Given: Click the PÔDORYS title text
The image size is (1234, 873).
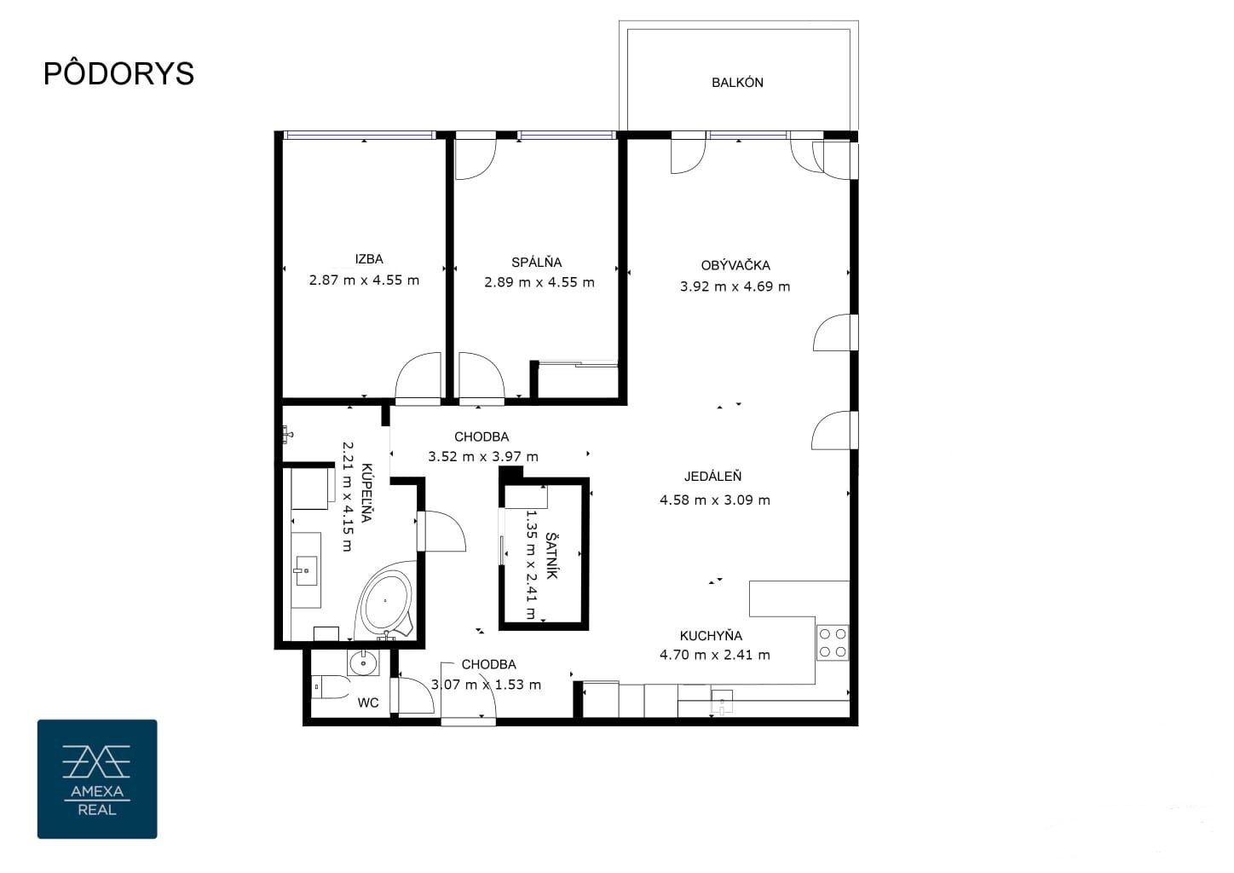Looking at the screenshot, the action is point(118,72).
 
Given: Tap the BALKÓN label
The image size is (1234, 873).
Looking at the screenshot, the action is point(737,83).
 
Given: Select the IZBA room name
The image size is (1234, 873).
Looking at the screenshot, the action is point(368,259).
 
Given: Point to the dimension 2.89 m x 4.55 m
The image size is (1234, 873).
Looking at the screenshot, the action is point(539,282).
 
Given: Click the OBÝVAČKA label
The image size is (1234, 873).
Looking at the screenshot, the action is point(735,265).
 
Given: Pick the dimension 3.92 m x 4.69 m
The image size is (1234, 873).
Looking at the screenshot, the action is point(735,286).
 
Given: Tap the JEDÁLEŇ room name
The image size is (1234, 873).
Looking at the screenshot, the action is point(712,477).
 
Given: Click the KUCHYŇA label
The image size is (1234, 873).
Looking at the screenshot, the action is point(711,635).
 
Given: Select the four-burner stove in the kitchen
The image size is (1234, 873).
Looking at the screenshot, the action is point(833,643).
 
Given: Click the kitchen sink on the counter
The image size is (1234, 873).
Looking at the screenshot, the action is point(722,702).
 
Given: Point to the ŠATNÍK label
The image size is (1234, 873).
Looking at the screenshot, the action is point(551,555).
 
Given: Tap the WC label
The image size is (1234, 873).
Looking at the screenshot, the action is point(368,702).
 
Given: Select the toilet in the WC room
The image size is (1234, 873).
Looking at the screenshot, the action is point(331,687).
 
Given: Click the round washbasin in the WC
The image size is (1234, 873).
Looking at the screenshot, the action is point(363,663).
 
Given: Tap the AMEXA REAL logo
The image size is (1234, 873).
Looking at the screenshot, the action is point(97,779).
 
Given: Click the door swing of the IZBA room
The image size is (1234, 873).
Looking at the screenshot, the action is point(418,375).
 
